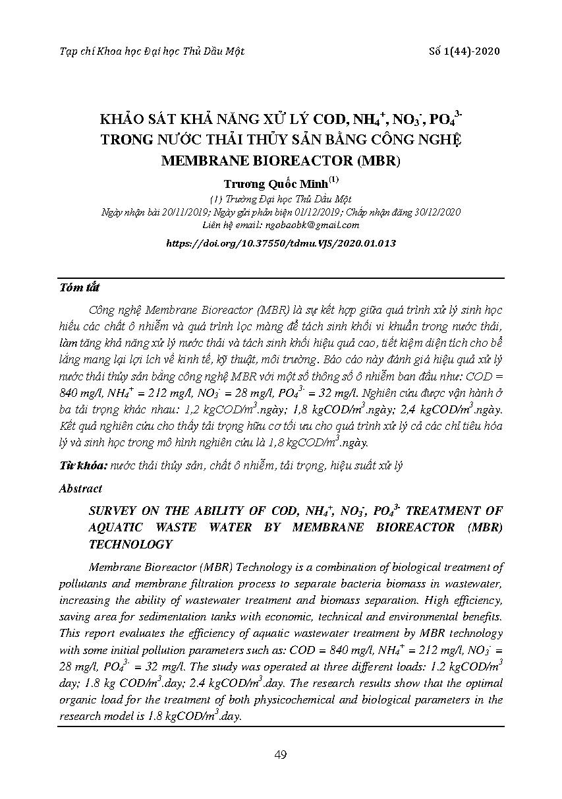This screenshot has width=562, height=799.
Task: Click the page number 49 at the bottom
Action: click(281, 755)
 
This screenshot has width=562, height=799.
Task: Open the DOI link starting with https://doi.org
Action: click(281, 243)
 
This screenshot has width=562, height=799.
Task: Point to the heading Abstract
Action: click(80, 488)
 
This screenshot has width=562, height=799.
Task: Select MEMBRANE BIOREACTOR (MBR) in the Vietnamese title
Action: click(281, 160)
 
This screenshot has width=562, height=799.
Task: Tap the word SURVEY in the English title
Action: click(113, 511)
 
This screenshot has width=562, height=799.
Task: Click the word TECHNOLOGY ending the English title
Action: click(130, 544)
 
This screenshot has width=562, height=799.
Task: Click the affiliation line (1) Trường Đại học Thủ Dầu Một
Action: click(280, 199)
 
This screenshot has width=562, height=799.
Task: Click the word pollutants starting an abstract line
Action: click(81, 583)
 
